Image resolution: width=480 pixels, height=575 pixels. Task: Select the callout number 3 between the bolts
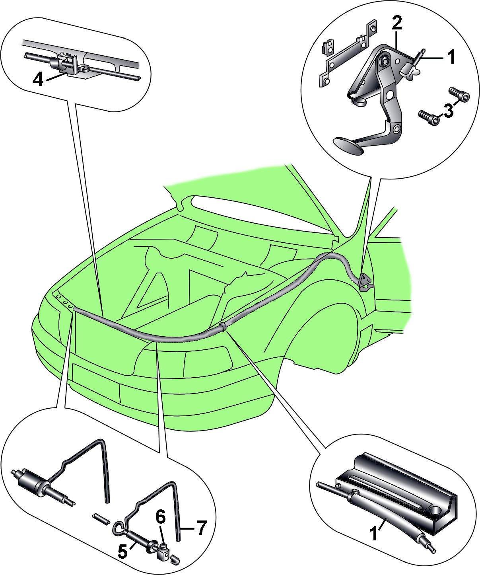448,111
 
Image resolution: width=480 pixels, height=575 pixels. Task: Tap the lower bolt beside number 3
428,117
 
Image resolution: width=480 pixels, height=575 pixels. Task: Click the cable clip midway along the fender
223,326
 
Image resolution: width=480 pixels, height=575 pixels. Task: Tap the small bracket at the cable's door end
365,282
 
